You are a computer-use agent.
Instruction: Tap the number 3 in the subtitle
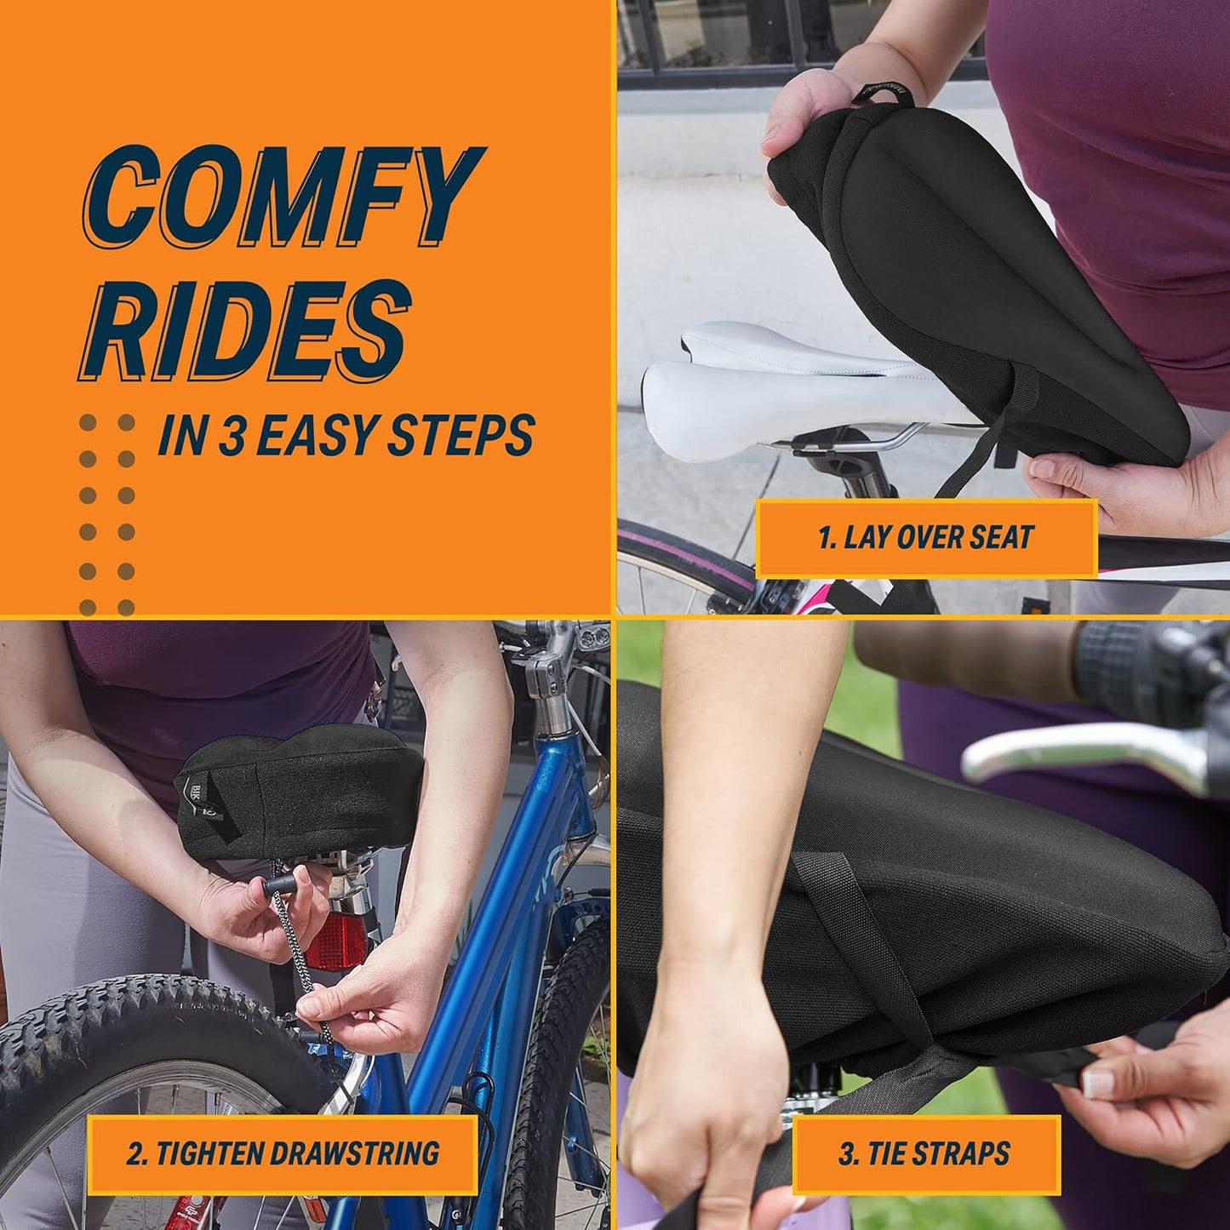click(232, 436)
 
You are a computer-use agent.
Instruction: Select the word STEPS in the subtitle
click(461, 436)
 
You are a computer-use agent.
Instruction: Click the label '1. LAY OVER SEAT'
click(925, 537)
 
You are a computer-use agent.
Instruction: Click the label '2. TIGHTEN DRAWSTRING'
click(283, 1153)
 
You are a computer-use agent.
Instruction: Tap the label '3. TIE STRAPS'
click(924, 1153)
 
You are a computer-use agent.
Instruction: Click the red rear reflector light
click(336, 941)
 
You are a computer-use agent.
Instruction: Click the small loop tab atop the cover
click(885, 96)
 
